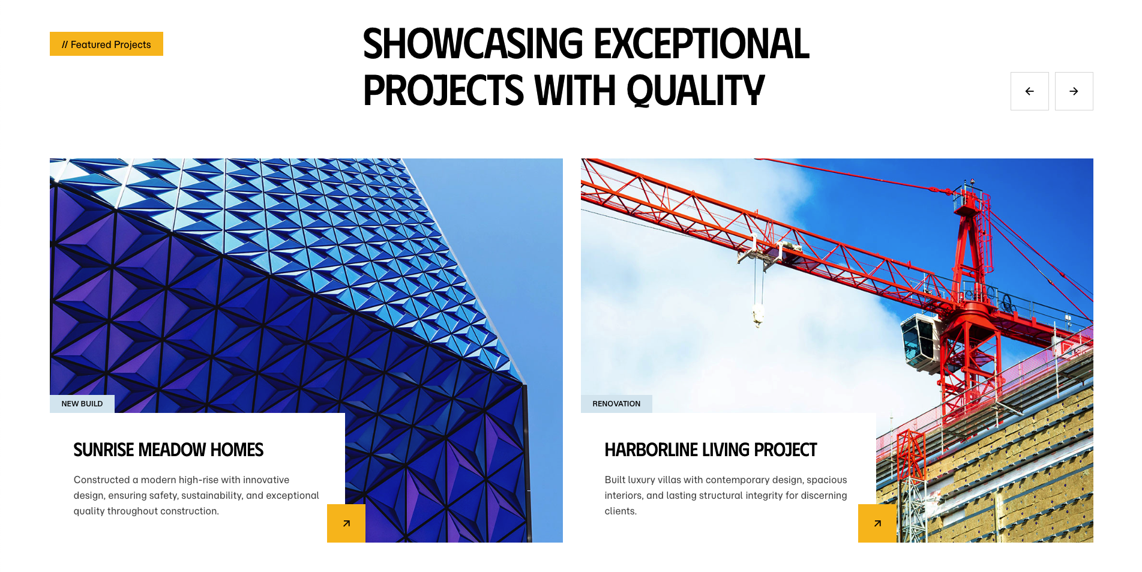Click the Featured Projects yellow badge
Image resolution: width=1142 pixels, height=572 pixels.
pos(106,44)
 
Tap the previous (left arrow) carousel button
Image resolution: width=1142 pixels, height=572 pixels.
pos(1029,91)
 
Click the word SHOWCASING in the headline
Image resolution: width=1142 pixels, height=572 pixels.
pos(473,44)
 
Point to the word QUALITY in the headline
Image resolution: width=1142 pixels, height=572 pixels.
pos(696,91)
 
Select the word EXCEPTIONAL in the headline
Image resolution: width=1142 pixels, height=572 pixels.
pos(702,44)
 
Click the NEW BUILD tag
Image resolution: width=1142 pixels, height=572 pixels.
pos(82,404)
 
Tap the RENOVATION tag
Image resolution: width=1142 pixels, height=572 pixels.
pos(616,404)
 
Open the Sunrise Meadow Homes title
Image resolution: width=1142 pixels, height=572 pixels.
pos(169,450)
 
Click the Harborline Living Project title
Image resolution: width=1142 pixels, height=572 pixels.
pos(711,450)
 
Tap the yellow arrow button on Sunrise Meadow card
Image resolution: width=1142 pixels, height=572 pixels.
pos(346,523)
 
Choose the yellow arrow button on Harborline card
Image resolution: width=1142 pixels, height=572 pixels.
pos(877,523)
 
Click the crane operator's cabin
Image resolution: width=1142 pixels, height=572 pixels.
pos(920,340)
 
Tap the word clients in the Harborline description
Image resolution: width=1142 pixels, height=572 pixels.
pos(619,511)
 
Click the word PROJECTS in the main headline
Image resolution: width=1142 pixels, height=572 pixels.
pos(443,91)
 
